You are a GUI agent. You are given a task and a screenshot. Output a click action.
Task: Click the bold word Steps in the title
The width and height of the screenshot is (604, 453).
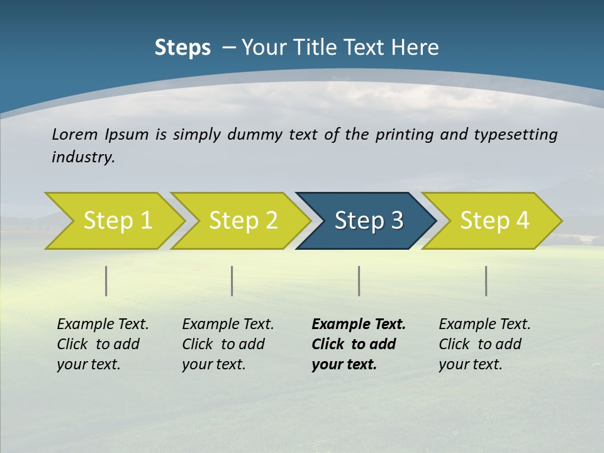pyautogui.click(x=182, y=48)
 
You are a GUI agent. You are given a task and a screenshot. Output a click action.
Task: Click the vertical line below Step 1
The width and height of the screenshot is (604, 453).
pyautogui.click(x=106, y=281)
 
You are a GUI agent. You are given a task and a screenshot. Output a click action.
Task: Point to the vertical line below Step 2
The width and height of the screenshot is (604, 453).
pyautogui.click(x=232, y=281)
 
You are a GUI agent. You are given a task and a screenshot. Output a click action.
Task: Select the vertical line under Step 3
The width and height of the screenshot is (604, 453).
pyautogui.click(x=359, y=281)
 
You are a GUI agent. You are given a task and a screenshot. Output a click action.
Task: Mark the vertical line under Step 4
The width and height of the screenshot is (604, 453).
pyautogui.click(x=486, y=281)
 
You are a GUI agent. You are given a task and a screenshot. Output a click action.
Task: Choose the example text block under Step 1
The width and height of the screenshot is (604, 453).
pyautogui.click(x=103, y=344)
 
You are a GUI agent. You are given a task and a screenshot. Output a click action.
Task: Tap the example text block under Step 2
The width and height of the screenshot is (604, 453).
pyautogui.click(x=228, y=344)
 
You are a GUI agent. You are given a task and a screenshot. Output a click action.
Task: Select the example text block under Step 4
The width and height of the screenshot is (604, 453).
pyautogui.click(x=484, y=344)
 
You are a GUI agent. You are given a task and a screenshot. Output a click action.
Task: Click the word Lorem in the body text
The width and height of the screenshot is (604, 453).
pyautogui.click(x=74, y=135)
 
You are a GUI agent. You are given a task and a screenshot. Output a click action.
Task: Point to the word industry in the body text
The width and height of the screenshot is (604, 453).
pyautogui.click(x=83, y=157)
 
